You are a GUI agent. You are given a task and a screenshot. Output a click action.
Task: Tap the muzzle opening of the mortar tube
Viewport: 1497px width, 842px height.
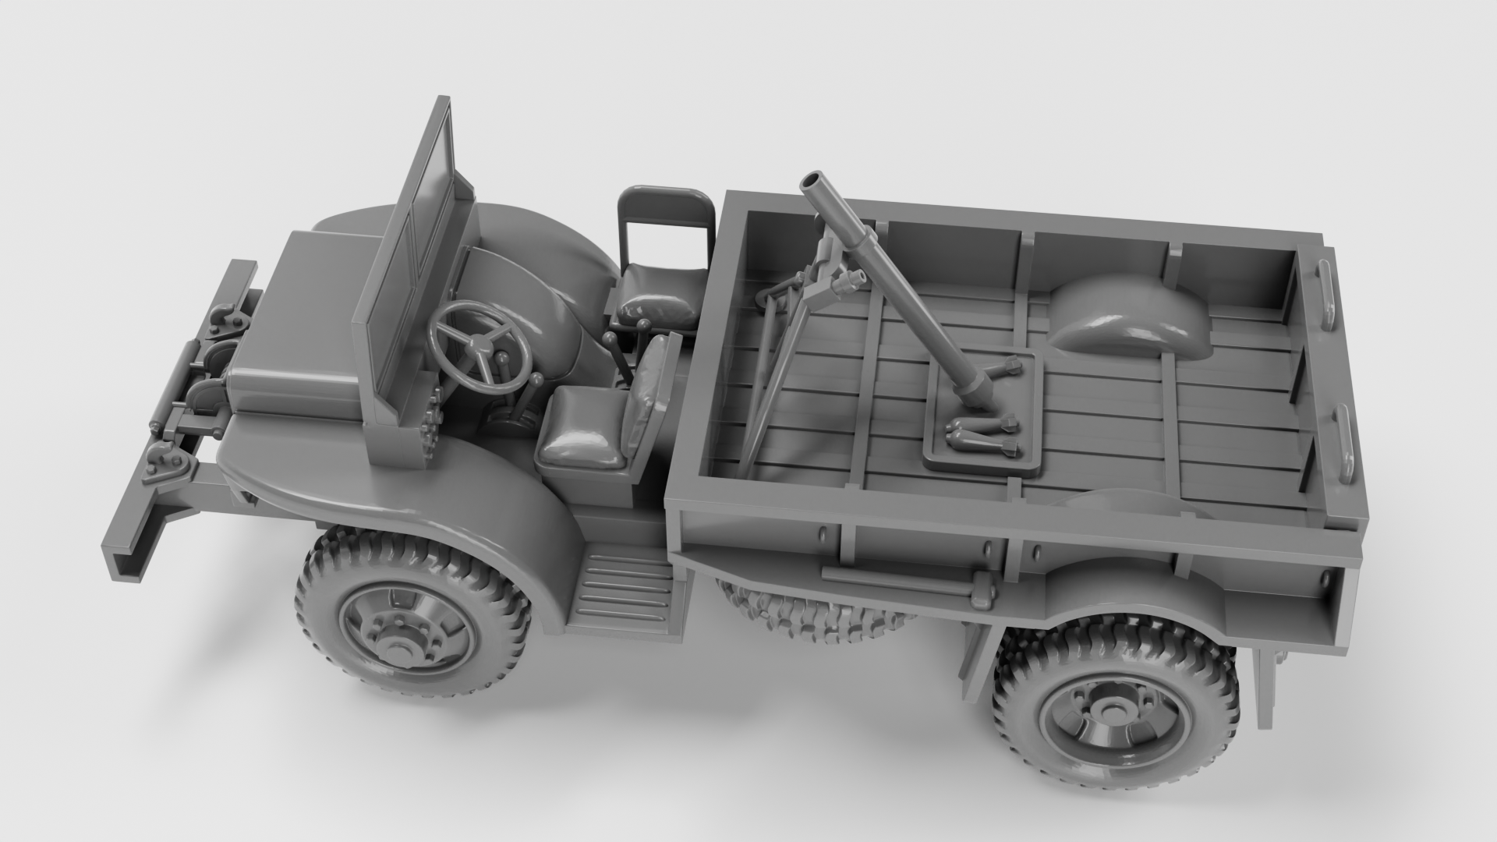tap(815, 181)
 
